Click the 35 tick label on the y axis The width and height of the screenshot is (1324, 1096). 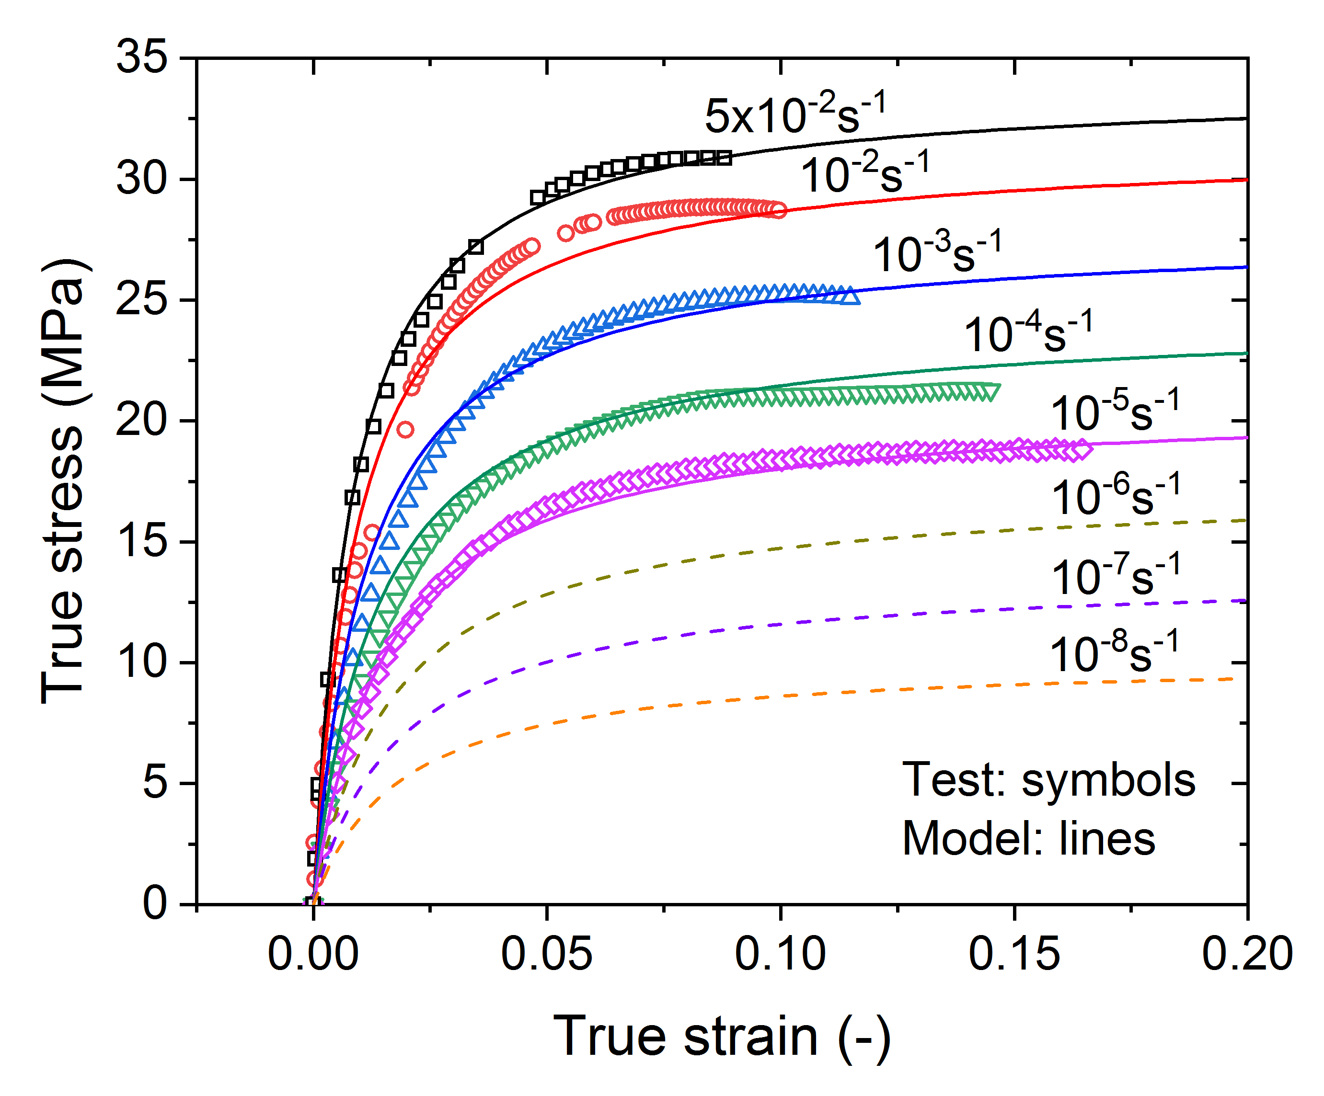coord(142,58)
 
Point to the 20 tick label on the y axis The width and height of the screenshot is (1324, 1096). coord(142,421)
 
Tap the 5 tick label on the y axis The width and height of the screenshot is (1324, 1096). coord(154,783)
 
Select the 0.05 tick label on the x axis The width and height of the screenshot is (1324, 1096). coord(546,954)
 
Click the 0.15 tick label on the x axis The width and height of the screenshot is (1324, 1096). coord(1014,954)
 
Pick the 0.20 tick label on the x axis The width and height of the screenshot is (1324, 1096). coord(1247,954)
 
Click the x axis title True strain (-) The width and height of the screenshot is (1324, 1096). coord(722,1037)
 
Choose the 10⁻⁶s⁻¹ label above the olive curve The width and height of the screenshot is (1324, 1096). coord(1115,495)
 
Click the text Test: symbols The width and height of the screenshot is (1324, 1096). coord(1048,780)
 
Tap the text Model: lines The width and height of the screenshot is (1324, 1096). coord(1028,839)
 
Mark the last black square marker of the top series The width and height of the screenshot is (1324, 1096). coord(725,158)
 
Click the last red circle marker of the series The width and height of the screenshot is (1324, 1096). coord(779,210)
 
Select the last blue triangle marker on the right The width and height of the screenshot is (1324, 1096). coord(850,296)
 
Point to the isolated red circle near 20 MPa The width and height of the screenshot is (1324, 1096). coord(405,430)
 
